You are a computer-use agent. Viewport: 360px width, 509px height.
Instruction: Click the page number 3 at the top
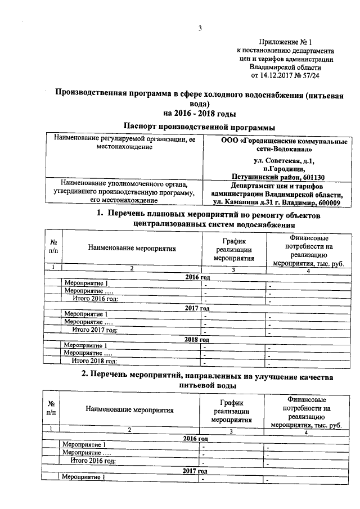pos(200,29)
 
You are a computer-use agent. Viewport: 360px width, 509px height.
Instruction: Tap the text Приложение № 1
pos(285,42)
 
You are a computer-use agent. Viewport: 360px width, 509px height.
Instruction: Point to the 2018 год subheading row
pos(197,340)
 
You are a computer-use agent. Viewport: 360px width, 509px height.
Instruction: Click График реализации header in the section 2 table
pos(231,410)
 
